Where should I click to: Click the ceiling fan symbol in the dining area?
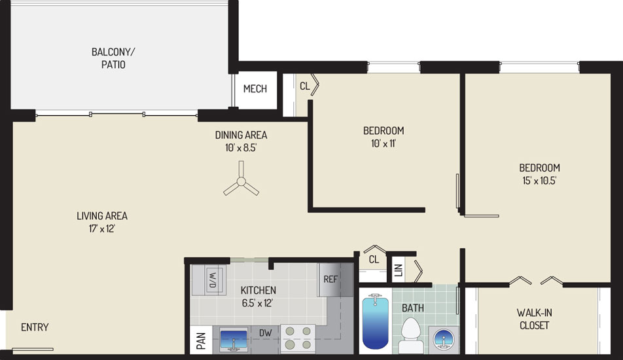click(241, 182)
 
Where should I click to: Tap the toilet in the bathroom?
click(411, 334)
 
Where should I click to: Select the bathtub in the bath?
click(376, 321)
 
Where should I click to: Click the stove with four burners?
click(298, 338)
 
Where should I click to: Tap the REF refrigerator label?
click(330, 279)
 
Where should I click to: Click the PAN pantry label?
click(201, 341)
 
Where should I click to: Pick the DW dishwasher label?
click(266, 333)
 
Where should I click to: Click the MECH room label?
click(255, 88)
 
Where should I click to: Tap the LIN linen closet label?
click(399, 270)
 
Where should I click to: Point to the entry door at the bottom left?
click(33, 350)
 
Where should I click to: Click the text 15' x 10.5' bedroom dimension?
click(539, 181)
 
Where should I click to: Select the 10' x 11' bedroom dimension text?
click(383, 143)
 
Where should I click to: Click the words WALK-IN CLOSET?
click(535, 319)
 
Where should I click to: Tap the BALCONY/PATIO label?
click(113, 58)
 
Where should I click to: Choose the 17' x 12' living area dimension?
click(102, 229)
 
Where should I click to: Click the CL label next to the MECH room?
click(305, 86)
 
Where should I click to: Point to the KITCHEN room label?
click(258, 290)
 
